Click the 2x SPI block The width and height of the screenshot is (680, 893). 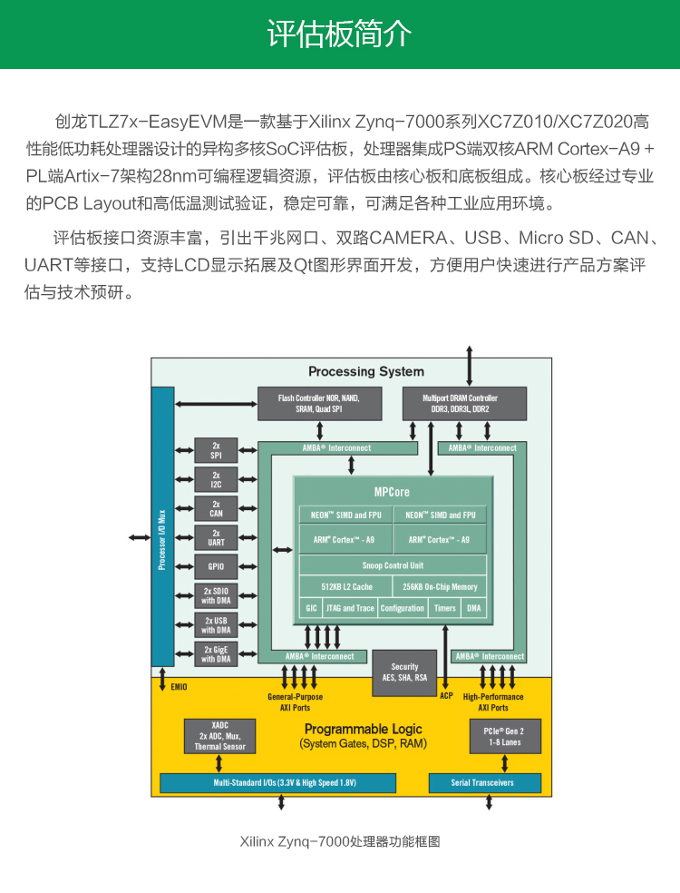tap(216, 450)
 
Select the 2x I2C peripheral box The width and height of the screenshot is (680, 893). tap(216, 479)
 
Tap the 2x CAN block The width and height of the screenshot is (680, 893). tap(216, 508)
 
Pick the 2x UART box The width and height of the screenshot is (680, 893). tap(216, 537)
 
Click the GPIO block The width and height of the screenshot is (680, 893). tap(216, 566)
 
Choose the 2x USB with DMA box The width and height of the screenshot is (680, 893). tap(216, 625)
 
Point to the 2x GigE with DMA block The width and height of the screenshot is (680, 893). tap(216, 654)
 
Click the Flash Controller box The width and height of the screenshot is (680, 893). tap(320, 404)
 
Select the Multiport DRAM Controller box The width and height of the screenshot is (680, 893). tap(464, 404)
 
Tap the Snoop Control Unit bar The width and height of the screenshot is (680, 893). tap(393, 565)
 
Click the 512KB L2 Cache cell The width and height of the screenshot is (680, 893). tap(346, 586)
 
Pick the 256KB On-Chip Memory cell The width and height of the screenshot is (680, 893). tap(440, 586)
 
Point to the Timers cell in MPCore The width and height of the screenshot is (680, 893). tap(444, 608)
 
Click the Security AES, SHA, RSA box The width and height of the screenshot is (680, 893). tap(404, 672)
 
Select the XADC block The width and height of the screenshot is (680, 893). tap(219, 736)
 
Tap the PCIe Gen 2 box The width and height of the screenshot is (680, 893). tap(505, 736)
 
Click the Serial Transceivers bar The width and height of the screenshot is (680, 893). tap(485, 783)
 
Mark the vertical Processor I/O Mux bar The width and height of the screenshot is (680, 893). tap(162, 526)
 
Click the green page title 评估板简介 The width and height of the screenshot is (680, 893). tap(339, 34)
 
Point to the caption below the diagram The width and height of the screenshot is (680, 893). tap(340, 842)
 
